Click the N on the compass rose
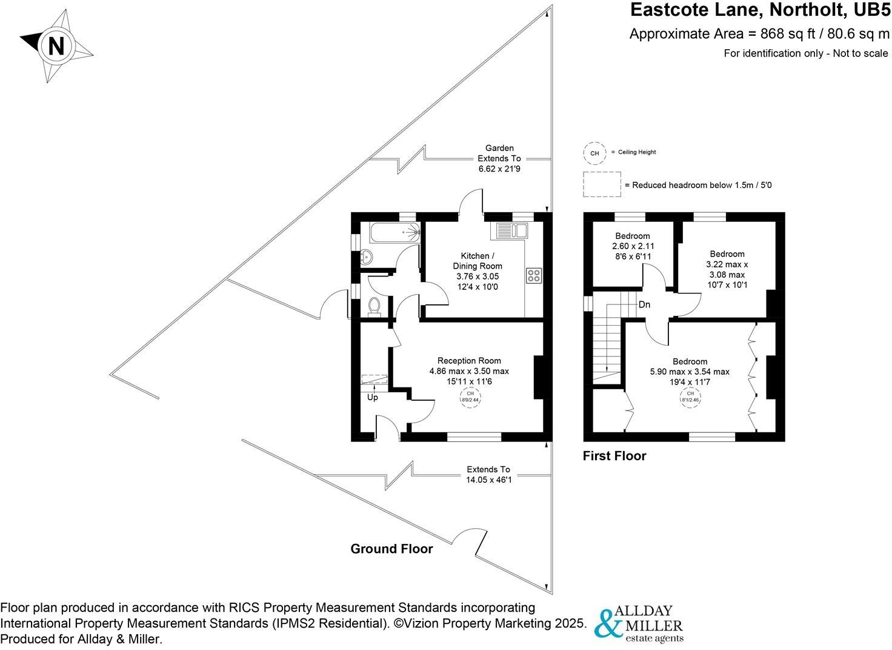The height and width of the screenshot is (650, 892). (x=56, y=46)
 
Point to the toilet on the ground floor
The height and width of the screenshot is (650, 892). (x=374, y=306)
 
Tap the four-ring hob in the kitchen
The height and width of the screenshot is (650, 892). (x=534, y=276)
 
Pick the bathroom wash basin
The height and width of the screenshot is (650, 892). (x=366, y=256)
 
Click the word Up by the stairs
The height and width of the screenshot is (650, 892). (x=373, y=398)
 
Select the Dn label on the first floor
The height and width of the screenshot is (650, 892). (x=644, y=304)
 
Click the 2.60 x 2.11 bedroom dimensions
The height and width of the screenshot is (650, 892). (x=633, y=246)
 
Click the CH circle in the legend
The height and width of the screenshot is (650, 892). (x=594, y=153)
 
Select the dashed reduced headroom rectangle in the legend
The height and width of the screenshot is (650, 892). (x=602, y=184)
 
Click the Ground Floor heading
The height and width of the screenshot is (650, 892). (x=391, y=549)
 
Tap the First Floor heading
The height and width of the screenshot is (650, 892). (x=614, y=455)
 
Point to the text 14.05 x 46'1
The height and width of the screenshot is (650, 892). (x=488, y=479)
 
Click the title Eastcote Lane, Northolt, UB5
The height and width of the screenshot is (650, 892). (x=761, y=10)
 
